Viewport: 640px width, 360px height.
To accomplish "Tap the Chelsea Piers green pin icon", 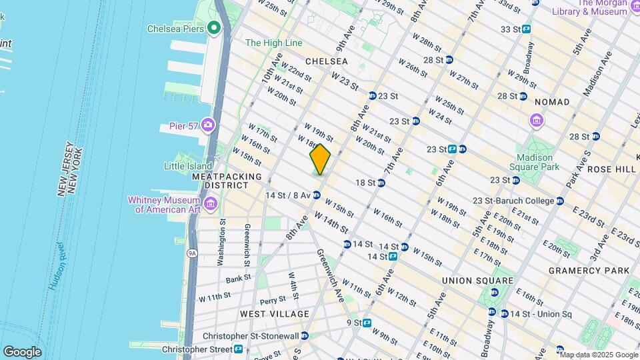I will (214, 28).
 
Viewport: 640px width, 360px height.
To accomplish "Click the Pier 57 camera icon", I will (208, 125).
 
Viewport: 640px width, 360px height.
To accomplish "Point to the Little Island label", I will (188, 166).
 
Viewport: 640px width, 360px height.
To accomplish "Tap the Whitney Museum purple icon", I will (210, 203).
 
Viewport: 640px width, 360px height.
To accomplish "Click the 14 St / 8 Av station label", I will (288, 195).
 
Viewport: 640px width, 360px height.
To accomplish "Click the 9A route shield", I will (192, 253).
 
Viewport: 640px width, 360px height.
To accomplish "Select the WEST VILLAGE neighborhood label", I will (275, 314).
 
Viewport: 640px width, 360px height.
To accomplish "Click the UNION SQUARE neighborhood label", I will (477, 281).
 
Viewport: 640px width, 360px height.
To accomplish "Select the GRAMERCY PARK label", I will (589, 271).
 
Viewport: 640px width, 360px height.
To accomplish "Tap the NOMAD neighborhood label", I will (552, 102).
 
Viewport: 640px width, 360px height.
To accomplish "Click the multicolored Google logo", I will (22, 352).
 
